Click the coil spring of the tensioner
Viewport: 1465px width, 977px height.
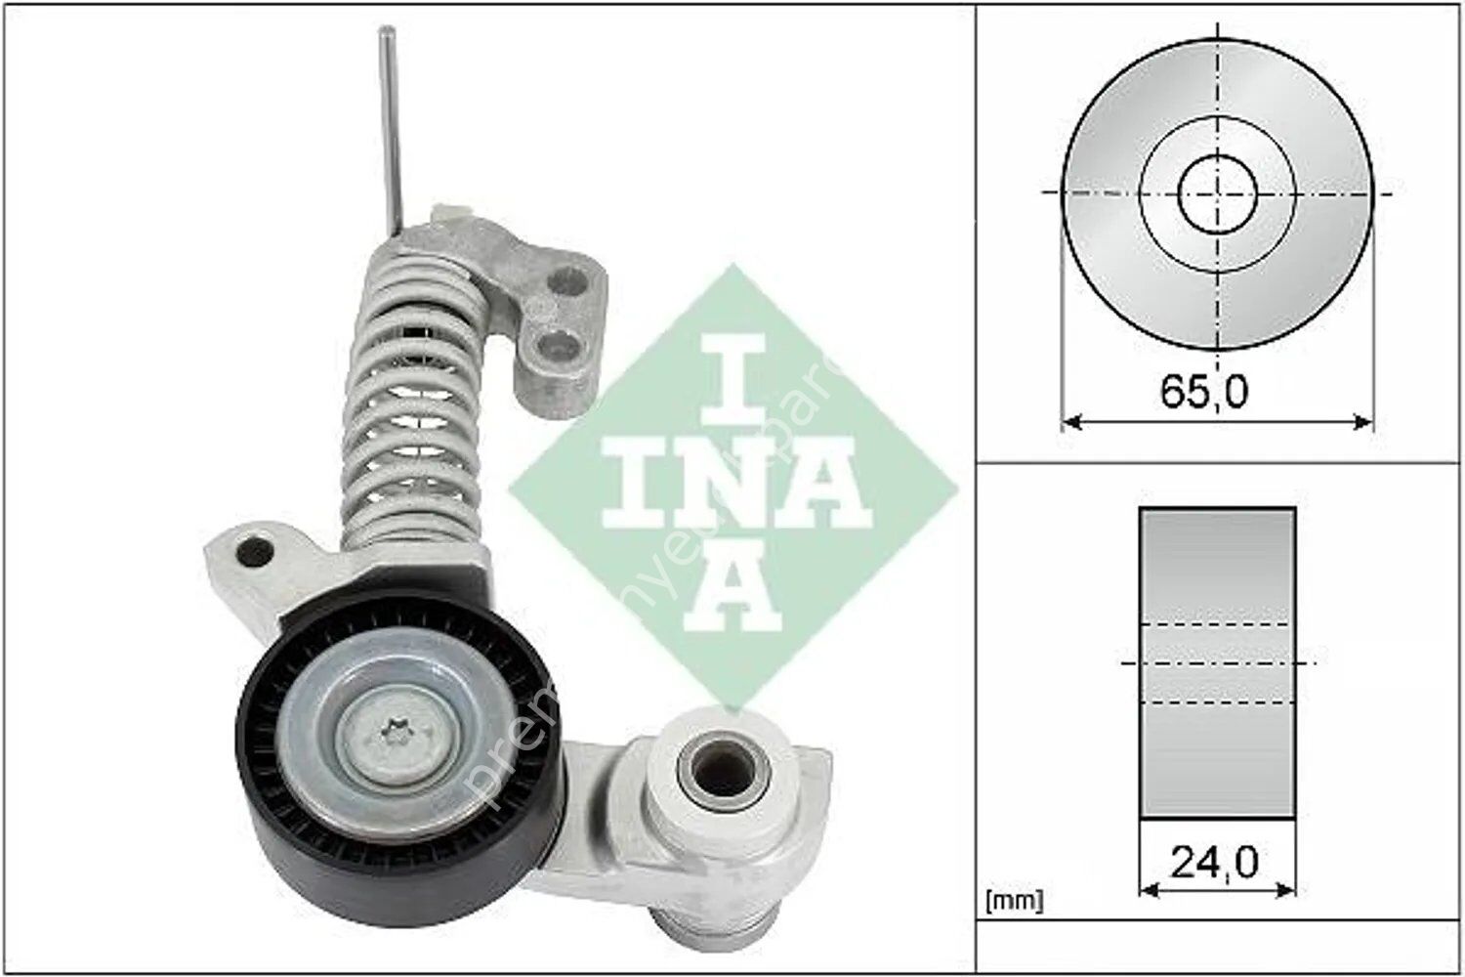(410, 410)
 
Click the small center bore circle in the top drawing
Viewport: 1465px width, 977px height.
(1217, 192)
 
